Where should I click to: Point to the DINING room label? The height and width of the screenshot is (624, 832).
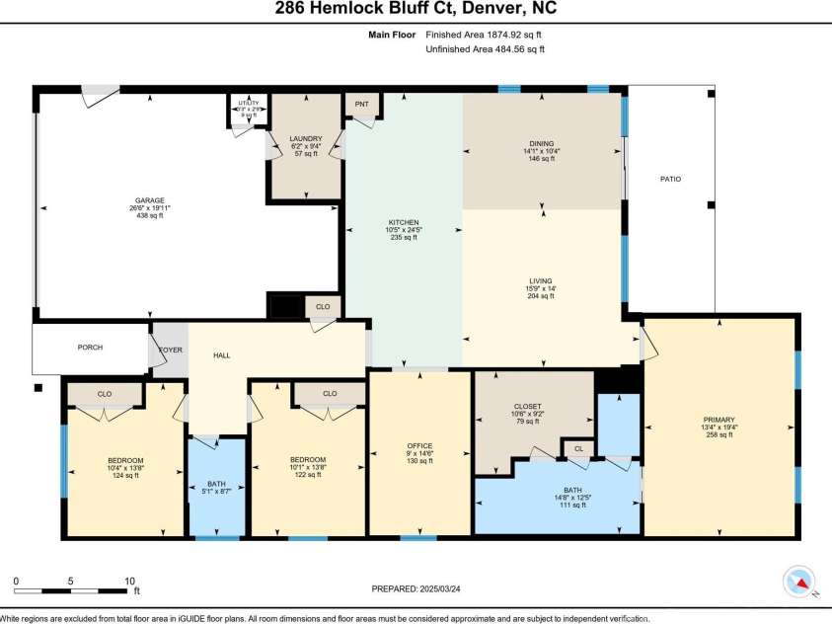point(541,144)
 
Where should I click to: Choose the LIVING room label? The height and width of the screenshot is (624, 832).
point(540,280)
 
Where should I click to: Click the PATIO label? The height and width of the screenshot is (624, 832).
point(670,179)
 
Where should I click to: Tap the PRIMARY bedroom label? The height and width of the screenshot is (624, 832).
point(719,420)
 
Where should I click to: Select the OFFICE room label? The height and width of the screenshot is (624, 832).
point(420,446)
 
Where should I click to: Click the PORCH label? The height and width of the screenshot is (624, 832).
point(91,348)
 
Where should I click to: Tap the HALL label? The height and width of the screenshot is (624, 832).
point(222,355)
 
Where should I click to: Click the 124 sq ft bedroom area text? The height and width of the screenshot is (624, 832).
point(125,476)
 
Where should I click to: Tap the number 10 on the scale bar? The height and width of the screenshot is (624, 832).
point(128,582)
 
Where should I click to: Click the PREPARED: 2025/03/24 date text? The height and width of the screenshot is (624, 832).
point(416,588)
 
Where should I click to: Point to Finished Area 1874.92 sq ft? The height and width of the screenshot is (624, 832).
point(485,35)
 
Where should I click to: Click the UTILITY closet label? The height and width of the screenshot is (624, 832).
point(249,103)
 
